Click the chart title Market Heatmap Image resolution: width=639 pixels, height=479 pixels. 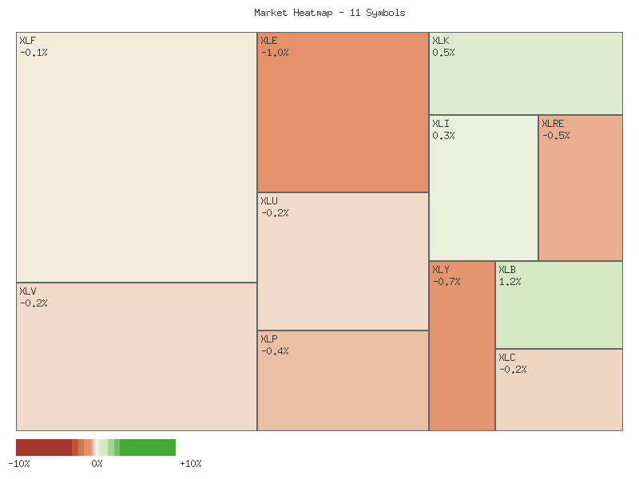click(x=329, y=13)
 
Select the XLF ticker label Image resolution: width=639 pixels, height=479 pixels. click(x=27, y=41)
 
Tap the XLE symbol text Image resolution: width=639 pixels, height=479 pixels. click(x=269, y=41)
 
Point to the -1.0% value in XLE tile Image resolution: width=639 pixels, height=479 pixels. click(x=275, y=53)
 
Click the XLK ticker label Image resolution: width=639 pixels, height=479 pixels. click(x=441, y=41)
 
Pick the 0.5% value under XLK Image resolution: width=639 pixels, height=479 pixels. click(x=443, y=53)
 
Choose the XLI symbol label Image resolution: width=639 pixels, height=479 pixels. click(x=441, y=124)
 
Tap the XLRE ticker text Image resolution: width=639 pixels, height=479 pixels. click(x=553, y=124)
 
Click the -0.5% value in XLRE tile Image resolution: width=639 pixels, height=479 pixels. click(x=556, y=136)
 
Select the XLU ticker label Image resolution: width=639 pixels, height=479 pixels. click(x=269, y=201)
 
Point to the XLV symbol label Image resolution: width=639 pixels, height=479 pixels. click(x=27, y=291)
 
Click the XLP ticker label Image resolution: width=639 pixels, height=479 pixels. click(x=269, y=339)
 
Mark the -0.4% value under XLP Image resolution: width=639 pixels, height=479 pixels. click(x=275, y=351)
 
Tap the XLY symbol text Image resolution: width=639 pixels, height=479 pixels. click(x=441, y=270)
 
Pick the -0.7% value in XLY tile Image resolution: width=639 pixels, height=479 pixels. click(x=447, y=282)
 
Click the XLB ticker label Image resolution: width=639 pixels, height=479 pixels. click(x=507, y=270)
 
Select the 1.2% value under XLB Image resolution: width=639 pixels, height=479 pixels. click(x=510, y=282)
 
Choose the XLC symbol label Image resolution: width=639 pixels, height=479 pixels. click(x=507, y=358)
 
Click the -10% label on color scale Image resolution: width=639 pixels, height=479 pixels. click(x=19, y=464)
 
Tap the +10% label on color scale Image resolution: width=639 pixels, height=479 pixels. click(x=191, y=464)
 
